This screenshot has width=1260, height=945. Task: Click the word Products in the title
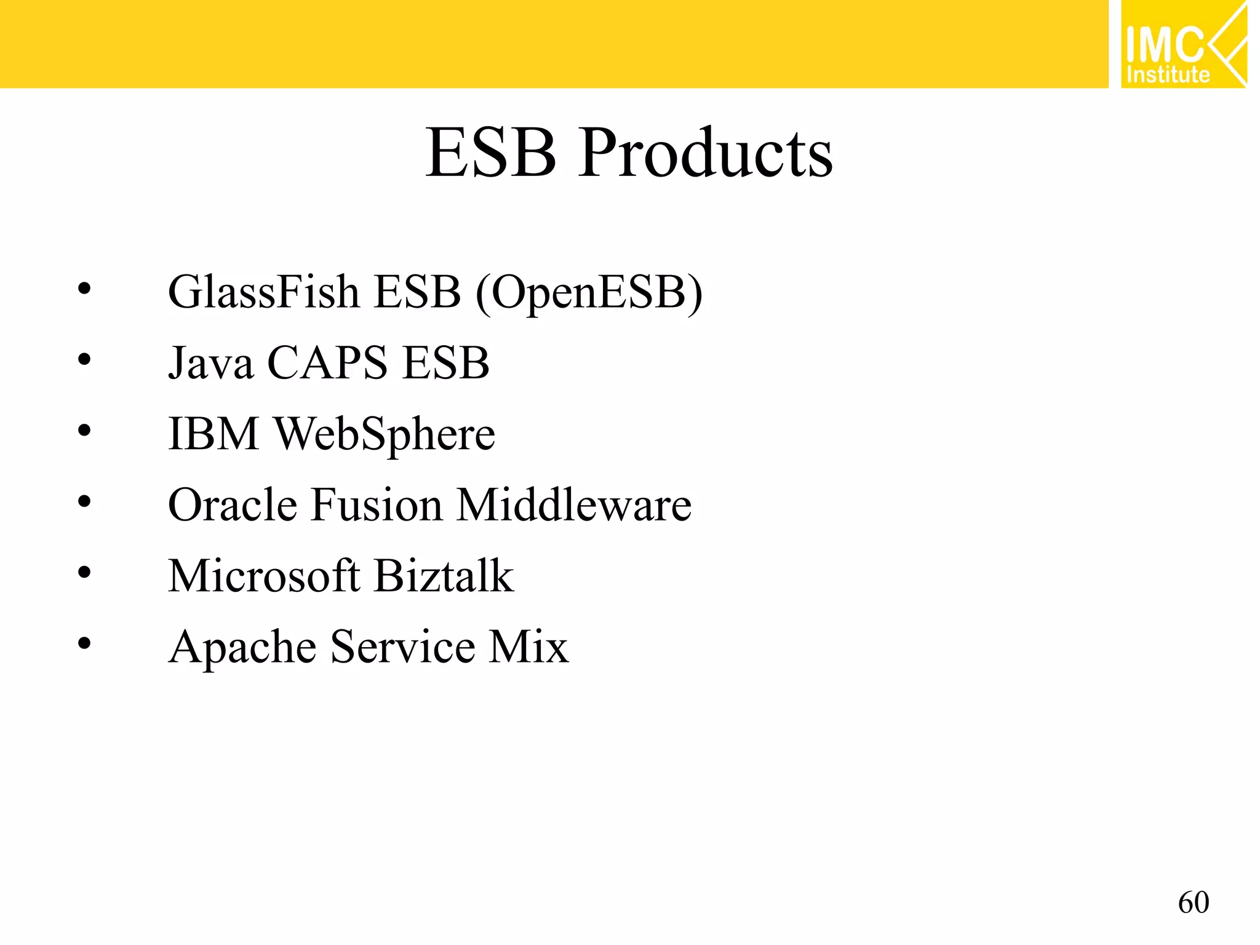tap(706, 154)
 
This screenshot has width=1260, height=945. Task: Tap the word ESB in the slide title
tap(491, 154)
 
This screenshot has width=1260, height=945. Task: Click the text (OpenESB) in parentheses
tap(589, 293)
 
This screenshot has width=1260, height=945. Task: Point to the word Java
tap(210, 363)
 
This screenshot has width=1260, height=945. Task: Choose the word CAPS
tap(327, 363)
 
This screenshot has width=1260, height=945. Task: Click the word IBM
tap(213, 434)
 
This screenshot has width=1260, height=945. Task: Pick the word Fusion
tap(377, 505)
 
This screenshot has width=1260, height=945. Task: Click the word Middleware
tap(574, 505)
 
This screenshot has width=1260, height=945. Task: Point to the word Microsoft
tap(263, 576)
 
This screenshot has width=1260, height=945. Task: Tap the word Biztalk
tap(444, 576)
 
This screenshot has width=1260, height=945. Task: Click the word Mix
tap(528, 647)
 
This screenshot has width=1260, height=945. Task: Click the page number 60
tap(1193, 903)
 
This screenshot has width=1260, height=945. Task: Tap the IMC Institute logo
tap(1183, 45)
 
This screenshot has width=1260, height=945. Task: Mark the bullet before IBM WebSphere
tap(84, 430)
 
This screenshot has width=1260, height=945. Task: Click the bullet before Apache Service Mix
tap(84, 644)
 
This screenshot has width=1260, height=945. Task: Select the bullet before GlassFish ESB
tap(84, 288)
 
